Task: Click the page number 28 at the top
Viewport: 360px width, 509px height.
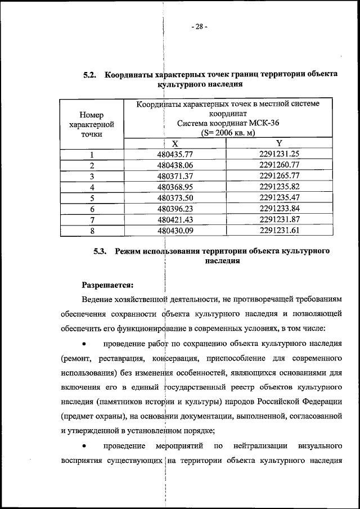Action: point(199,26)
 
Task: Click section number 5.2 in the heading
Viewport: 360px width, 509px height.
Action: point(91,75)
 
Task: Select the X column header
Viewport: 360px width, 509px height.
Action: point(175,144)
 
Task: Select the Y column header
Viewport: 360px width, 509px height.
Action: point(279,144)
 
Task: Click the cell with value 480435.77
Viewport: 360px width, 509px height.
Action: point(175,155)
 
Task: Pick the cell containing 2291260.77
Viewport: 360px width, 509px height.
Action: point(279,165)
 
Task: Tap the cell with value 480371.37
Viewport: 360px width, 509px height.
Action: point(175,175)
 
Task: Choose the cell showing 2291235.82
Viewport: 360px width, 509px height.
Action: point(279,186)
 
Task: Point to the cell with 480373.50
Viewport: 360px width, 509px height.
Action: point(175,197)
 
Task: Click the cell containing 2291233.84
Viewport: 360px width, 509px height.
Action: point(279,208)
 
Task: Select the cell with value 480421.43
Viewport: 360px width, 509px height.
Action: point(175,219)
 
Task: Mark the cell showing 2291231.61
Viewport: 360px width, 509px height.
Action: point(279,229)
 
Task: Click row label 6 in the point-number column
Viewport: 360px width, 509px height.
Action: point(91,209)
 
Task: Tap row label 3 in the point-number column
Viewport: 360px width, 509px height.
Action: point(91,176)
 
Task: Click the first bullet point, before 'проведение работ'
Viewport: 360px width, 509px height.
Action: point(84,343)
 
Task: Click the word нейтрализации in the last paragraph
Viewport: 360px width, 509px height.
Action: point(259,446)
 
